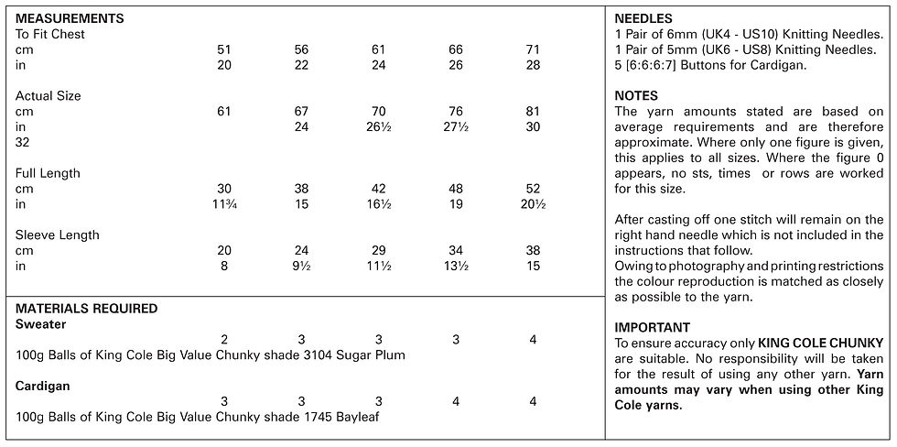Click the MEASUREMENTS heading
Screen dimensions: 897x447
pos(70,18)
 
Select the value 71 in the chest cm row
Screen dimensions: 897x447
pos(533,49)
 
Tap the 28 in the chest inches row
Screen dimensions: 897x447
pos(533,65)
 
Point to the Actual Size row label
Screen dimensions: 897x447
pos(48,96)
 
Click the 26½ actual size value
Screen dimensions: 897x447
pos(379,127)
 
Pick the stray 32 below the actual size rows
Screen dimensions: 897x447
pos(22,143)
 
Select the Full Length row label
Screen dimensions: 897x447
pos(48,173)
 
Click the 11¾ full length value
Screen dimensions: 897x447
pos(224,204)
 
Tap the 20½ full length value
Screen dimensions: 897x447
pos(533,204)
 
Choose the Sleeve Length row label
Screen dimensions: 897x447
pos(57,235)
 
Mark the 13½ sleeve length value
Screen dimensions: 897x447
pos(456,267)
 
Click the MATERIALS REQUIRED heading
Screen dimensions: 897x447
pos(86,309)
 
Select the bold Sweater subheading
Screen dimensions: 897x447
pos(40,324)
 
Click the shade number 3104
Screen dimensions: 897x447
pos(318,355)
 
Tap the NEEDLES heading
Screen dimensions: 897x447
pos(643,19)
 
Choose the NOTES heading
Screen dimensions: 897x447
pos(636,96)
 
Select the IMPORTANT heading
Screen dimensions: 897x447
pos(652,328)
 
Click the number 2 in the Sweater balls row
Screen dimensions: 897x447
pos(224,340)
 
